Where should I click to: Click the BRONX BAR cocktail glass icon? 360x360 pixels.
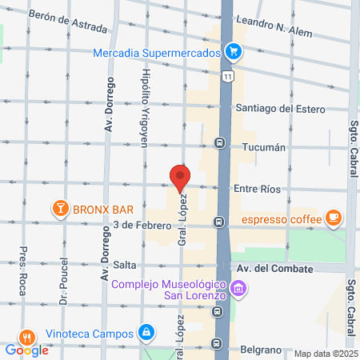click(x=60, y=210)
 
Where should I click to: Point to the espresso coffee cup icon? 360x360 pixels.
click(x=334, y=218)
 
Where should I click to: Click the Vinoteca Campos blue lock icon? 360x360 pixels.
click(x=146, y=331)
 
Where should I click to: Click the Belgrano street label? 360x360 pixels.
click(x=259, y=350)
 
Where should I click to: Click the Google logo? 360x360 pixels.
click(x=26, y=350)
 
